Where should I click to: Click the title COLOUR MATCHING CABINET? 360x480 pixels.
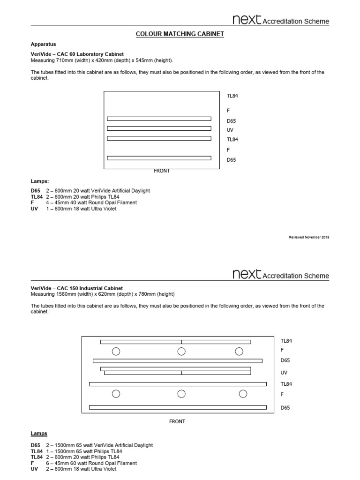tap(180, 34)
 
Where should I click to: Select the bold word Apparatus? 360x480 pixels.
tap(44, 44)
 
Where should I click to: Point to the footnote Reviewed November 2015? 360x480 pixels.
tap(309, 238)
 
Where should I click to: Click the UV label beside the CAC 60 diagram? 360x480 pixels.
tap(230, 130)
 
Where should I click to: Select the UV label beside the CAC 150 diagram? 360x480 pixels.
tap(284, 373)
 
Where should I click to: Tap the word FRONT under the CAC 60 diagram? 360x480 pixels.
tap(162, 171)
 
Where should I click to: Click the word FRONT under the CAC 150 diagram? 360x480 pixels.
tap(177, 421)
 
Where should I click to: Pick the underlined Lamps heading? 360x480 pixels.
tap(39, 434)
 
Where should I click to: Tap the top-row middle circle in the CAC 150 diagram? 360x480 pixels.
tap(181, 352)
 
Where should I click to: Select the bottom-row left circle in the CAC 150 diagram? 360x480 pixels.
tap(116, 394)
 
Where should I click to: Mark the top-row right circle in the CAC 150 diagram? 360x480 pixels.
tap(239, 352)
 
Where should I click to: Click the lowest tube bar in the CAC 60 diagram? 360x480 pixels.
tap(159, 158)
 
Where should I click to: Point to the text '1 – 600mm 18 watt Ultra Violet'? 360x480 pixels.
tap(81, 209)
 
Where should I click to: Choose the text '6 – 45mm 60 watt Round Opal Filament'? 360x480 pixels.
tap(91, 463)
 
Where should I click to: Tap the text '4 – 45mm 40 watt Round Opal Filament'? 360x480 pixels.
tap(91, 202)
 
